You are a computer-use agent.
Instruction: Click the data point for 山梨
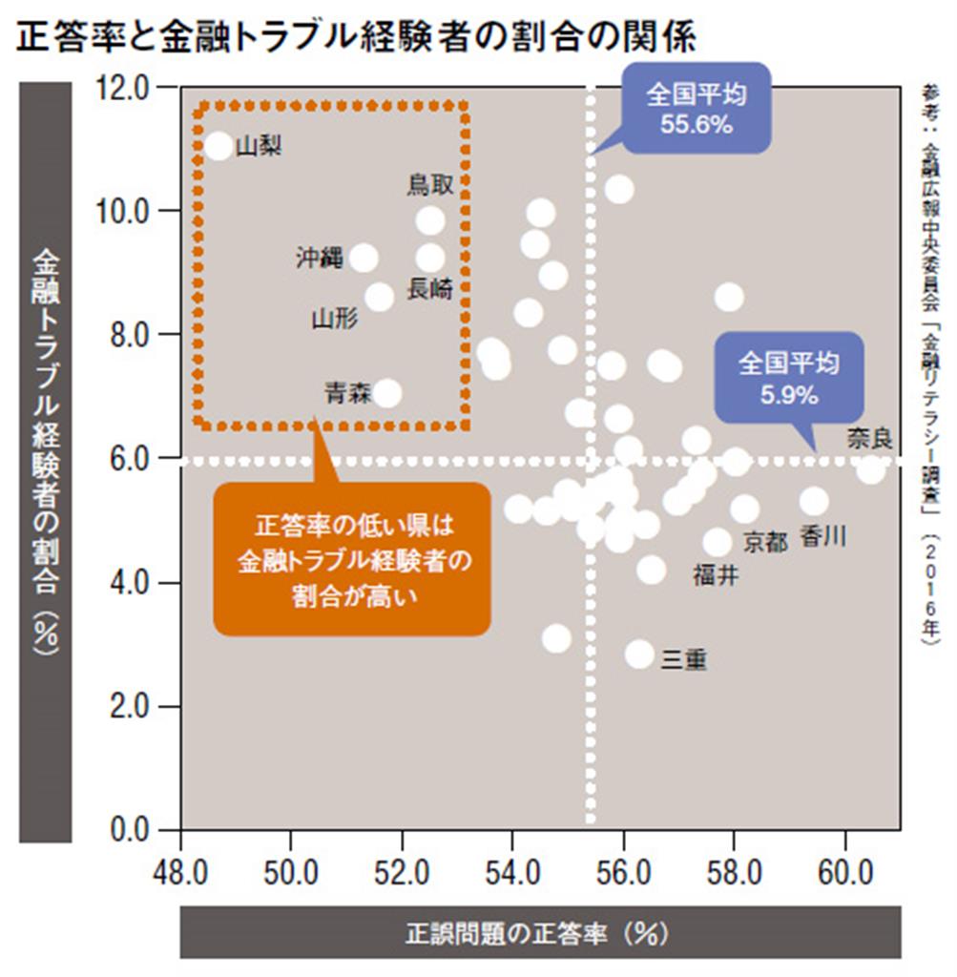coord(218,146)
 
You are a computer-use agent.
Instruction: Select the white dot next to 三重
coord(640,655)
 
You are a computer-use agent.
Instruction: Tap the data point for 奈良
coord(870,469)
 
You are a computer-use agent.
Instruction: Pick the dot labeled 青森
coord(387,393)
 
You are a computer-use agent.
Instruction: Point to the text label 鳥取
coord(430,185)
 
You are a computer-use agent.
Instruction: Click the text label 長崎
coord(430,290)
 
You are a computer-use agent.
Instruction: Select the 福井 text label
coord(715,575)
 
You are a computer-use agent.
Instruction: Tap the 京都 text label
coord(765,542)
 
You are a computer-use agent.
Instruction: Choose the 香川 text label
coord(822,536)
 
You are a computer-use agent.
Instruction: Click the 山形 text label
coord(335,319)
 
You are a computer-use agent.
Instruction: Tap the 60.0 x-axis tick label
coord(845,871)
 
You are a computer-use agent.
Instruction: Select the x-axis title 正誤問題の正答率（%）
coord(540,931)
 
